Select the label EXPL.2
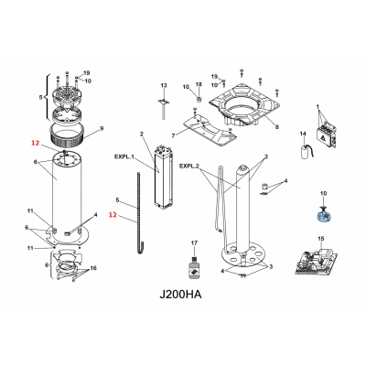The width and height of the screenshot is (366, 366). [x=189, y=166]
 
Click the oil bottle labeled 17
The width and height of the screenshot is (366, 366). [x=194, y=269]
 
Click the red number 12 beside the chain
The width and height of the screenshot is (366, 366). [x=113, y=216]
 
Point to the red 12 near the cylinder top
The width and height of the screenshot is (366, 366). [x=35, y=143]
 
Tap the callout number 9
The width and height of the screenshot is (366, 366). [x=102, y=127]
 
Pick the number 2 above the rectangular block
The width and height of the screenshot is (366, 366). [x=142, y=135]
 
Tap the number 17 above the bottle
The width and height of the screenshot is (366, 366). [x=194, y=242]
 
